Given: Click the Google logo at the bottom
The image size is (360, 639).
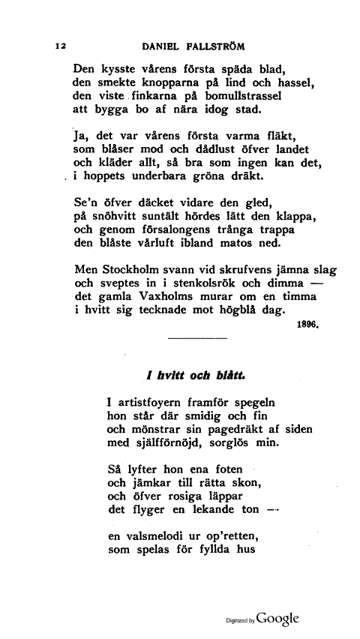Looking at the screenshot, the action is click(277, 619).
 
